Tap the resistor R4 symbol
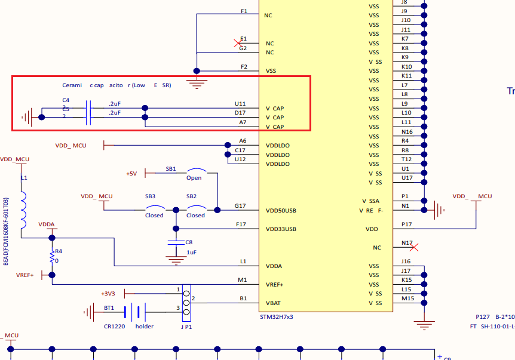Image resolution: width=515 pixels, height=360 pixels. (52, 256)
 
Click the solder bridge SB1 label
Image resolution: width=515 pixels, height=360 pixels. (171, 169)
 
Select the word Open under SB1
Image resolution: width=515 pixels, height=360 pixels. (194, 178)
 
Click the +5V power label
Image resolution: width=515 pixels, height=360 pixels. (131, 174)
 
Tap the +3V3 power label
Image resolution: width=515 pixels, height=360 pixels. (110, 293)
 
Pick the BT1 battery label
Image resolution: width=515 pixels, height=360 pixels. (109, 308)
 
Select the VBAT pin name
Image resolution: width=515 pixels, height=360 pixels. (274, 303)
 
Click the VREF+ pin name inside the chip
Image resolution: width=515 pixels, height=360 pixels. (275, 285)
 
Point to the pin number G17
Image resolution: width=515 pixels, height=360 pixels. (240, 206)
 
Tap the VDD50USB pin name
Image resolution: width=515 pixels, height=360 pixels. (281, 211)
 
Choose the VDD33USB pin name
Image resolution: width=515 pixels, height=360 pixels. (281, 229)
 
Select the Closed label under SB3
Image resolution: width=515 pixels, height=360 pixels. (154, 216)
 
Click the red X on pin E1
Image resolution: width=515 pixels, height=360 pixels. (237, 43)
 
